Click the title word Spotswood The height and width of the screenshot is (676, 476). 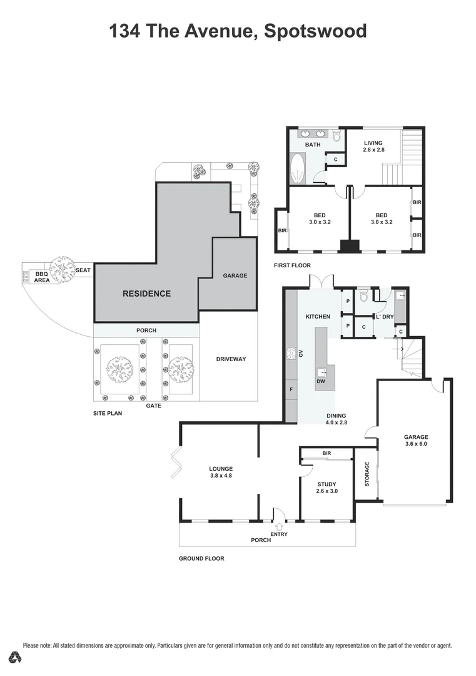pos(315,31)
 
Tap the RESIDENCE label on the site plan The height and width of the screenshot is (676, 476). pos(146,294)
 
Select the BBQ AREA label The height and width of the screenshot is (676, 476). pos(42,277)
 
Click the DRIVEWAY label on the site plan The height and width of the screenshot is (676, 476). pos(231,359)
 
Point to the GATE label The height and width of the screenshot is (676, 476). pos(153,406)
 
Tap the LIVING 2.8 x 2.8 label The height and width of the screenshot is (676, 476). pos(373,146)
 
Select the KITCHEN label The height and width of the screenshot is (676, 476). pos(317,317)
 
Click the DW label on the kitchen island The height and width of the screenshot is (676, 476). pos(321,381)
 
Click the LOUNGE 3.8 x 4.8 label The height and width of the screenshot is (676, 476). pos(221,472)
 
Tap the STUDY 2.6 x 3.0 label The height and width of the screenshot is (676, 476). pos(327,488)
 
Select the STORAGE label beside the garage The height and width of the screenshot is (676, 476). pos(367,474)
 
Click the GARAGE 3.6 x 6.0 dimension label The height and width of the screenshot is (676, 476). pos(416,441)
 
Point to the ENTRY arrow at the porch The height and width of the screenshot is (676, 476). pos(279,526)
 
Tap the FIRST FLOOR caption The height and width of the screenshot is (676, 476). pos(292,266)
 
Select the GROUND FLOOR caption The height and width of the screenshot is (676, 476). pos(201,558)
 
